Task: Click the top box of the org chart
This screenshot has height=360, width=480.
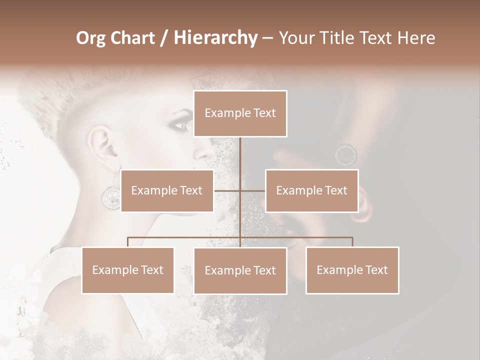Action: coord(240,113)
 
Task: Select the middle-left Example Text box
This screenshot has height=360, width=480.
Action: coord(167,190)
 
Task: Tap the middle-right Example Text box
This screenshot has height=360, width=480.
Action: coord(311,190)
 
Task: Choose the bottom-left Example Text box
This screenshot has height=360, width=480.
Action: coord(128,270)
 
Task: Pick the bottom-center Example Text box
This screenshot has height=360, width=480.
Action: coord(240,270)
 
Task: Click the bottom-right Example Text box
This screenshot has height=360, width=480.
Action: coord(352,270)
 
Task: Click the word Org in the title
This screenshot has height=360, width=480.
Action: coord(91,38)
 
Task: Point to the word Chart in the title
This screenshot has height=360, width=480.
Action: coord(133,38)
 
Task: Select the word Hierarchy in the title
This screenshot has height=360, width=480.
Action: coord(215,38)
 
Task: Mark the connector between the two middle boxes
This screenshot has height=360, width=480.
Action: coord(239,190)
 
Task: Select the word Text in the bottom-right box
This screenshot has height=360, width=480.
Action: coord(376,270)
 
